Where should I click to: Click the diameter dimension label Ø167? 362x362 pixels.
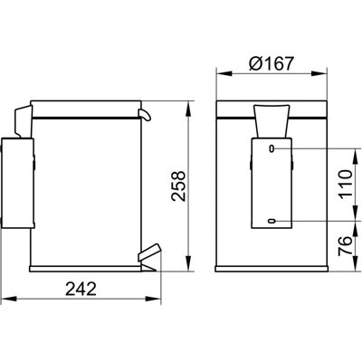pyautogui.click(x=271, y=63)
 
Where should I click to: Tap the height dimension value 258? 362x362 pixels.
pyautogui.click(x=178, y=186)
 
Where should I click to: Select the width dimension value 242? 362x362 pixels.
pyautogui.click(x=81, y=289)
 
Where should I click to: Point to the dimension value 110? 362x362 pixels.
pyautogui.click(x=345, y=185)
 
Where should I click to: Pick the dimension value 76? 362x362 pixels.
pyautogui.click(x=345, y=246)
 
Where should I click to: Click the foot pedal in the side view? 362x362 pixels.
pyautogui.click(x=148, y=252)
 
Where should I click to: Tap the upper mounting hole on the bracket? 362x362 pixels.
pyautogui.click(x=271, y=148)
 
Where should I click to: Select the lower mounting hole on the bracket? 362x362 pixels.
pyautogui.click(x=271, y=222)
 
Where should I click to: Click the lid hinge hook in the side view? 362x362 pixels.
pyautogui.click(x=145, y=115)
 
